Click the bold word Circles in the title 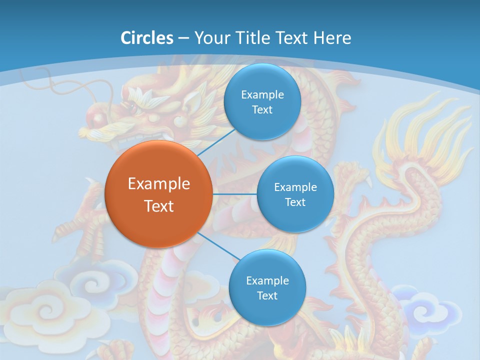pos(147,38)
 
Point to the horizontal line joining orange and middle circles pos(234,193)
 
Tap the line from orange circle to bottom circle pos(218,245)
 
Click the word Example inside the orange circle pos(158,184)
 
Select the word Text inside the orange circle pos(158,206)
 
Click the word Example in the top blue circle pos(262,95)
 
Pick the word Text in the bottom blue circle pos(267,295)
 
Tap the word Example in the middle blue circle pos(295,187)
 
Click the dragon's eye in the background pos(133,107)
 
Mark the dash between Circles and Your pos(183,38)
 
